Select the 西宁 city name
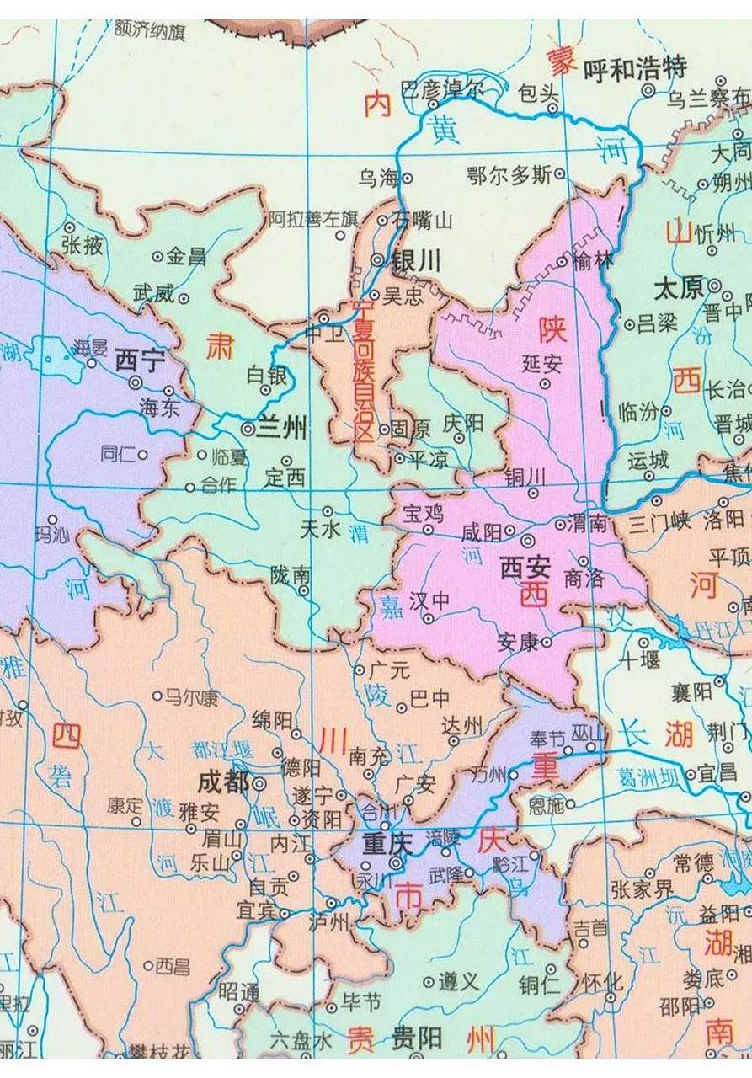(136, 360)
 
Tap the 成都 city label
(222, 782)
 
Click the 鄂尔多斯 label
(509, 175)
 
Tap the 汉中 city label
(430, 601)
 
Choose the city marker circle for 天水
(328, 511)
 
